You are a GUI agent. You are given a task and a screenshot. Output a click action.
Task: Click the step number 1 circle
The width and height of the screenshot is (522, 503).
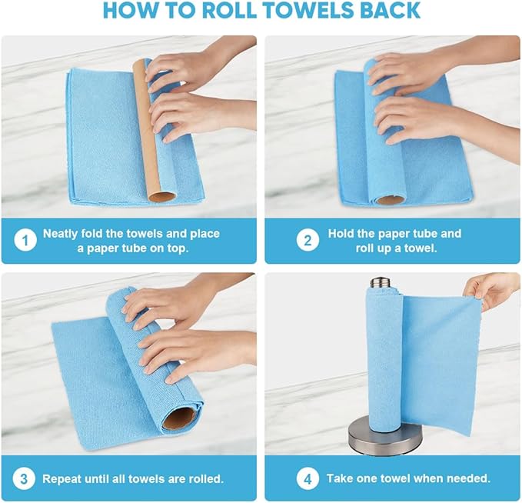click(x=25, y=241)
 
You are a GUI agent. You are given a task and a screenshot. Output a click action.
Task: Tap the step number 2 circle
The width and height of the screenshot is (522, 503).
click(x=308, y=241)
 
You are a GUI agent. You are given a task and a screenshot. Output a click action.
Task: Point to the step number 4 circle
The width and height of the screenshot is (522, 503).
click(x=308, y=478)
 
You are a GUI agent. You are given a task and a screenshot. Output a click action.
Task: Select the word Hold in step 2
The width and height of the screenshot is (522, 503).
click(x=341, y=233)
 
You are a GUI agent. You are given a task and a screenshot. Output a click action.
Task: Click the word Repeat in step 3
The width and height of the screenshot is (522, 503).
click(x=62, y=478)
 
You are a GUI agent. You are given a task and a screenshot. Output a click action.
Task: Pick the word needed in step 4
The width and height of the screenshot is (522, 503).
click(x=470, y=478)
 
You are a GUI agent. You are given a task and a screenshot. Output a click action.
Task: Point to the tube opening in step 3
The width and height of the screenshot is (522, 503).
click(x=180, y=419)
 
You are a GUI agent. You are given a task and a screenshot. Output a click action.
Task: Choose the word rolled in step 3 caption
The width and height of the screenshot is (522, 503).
click(x=204, y=478)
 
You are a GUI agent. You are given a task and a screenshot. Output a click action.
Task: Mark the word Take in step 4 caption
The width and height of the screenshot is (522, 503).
click(x=341, y=478)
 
